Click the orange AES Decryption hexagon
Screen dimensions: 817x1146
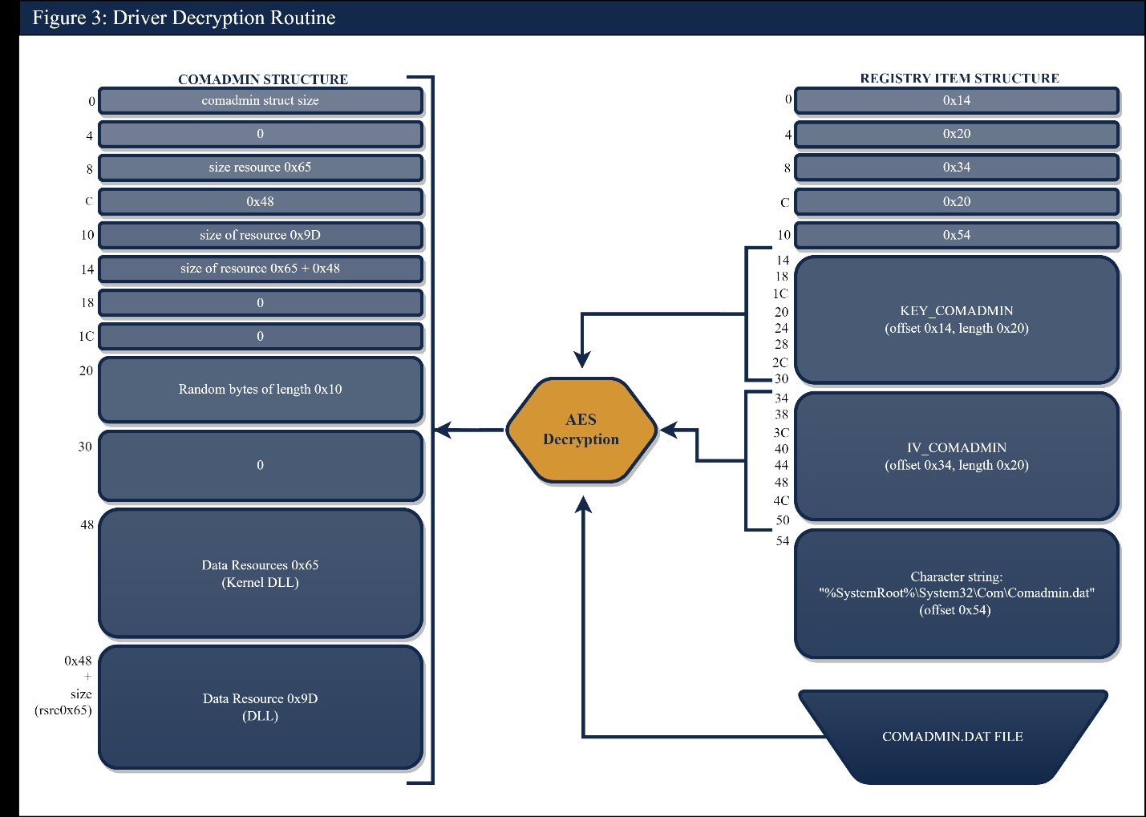[581, 430]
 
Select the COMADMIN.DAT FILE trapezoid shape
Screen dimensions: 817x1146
[953, 736]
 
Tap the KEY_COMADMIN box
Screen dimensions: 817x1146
[956, 319]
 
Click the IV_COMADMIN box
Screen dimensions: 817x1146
[956, 456]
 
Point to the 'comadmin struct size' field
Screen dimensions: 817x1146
[260, 100]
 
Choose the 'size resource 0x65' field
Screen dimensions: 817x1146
[260, 168]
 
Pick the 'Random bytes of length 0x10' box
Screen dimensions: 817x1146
[260, 390]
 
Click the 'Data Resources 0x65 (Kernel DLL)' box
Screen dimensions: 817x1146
[260, 573]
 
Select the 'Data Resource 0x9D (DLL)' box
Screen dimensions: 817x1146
[260, 707]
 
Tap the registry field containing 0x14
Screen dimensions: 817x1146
[956, 100]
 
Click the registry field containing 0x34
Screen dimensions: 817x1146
[956, 168]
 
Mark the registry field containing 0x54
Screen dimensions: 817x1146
[956, 235]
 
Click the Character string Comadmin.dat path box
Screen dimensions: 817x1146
[956, 593]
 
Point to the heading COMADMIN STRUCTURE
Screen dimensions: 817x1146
[263, 79]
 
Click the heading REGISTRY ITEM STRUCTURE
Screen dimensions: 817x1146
[959, 78]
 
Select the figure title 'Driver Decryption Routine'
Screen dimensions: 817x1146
[184, 18]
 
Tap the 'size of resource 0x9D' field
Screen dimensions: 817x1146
[260, 235]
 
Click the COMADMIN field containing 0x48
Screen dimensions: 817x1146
[260, 201]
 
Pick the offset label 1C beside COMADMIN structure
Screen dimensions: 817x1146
[86, 337]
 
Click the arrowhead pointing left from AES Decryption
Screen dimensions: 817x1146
[443, 431]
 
